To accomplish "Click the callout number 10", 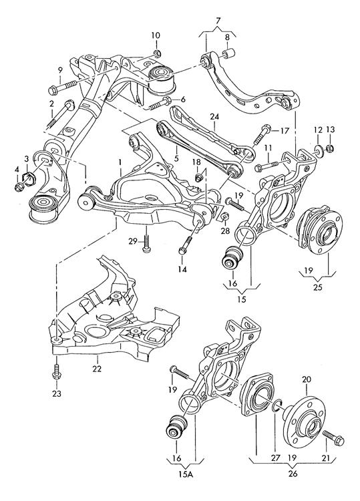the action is click(156, 35).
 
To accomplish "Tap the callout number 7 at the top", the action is click(218, 21).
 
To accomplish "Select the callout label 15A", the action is click(186, 474).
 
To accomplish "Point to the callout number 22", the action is click(97, 368).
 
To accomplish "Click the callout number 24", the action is click(214, 117).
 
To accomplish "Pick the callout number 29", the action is click(133, 241).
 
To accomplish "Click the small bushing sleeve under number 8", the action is click(228, 53).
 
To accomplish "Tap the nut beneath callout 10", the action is click(156, 53).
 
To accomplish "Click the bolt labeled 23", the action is click(57, 371).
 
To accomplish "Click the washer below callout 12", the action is click(319, 150).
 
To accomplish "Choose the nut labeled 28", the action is click(224, 216).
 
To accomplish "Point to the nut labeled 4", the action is click(19, 187).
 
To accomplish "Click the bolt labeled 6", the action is click(160, 103).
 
